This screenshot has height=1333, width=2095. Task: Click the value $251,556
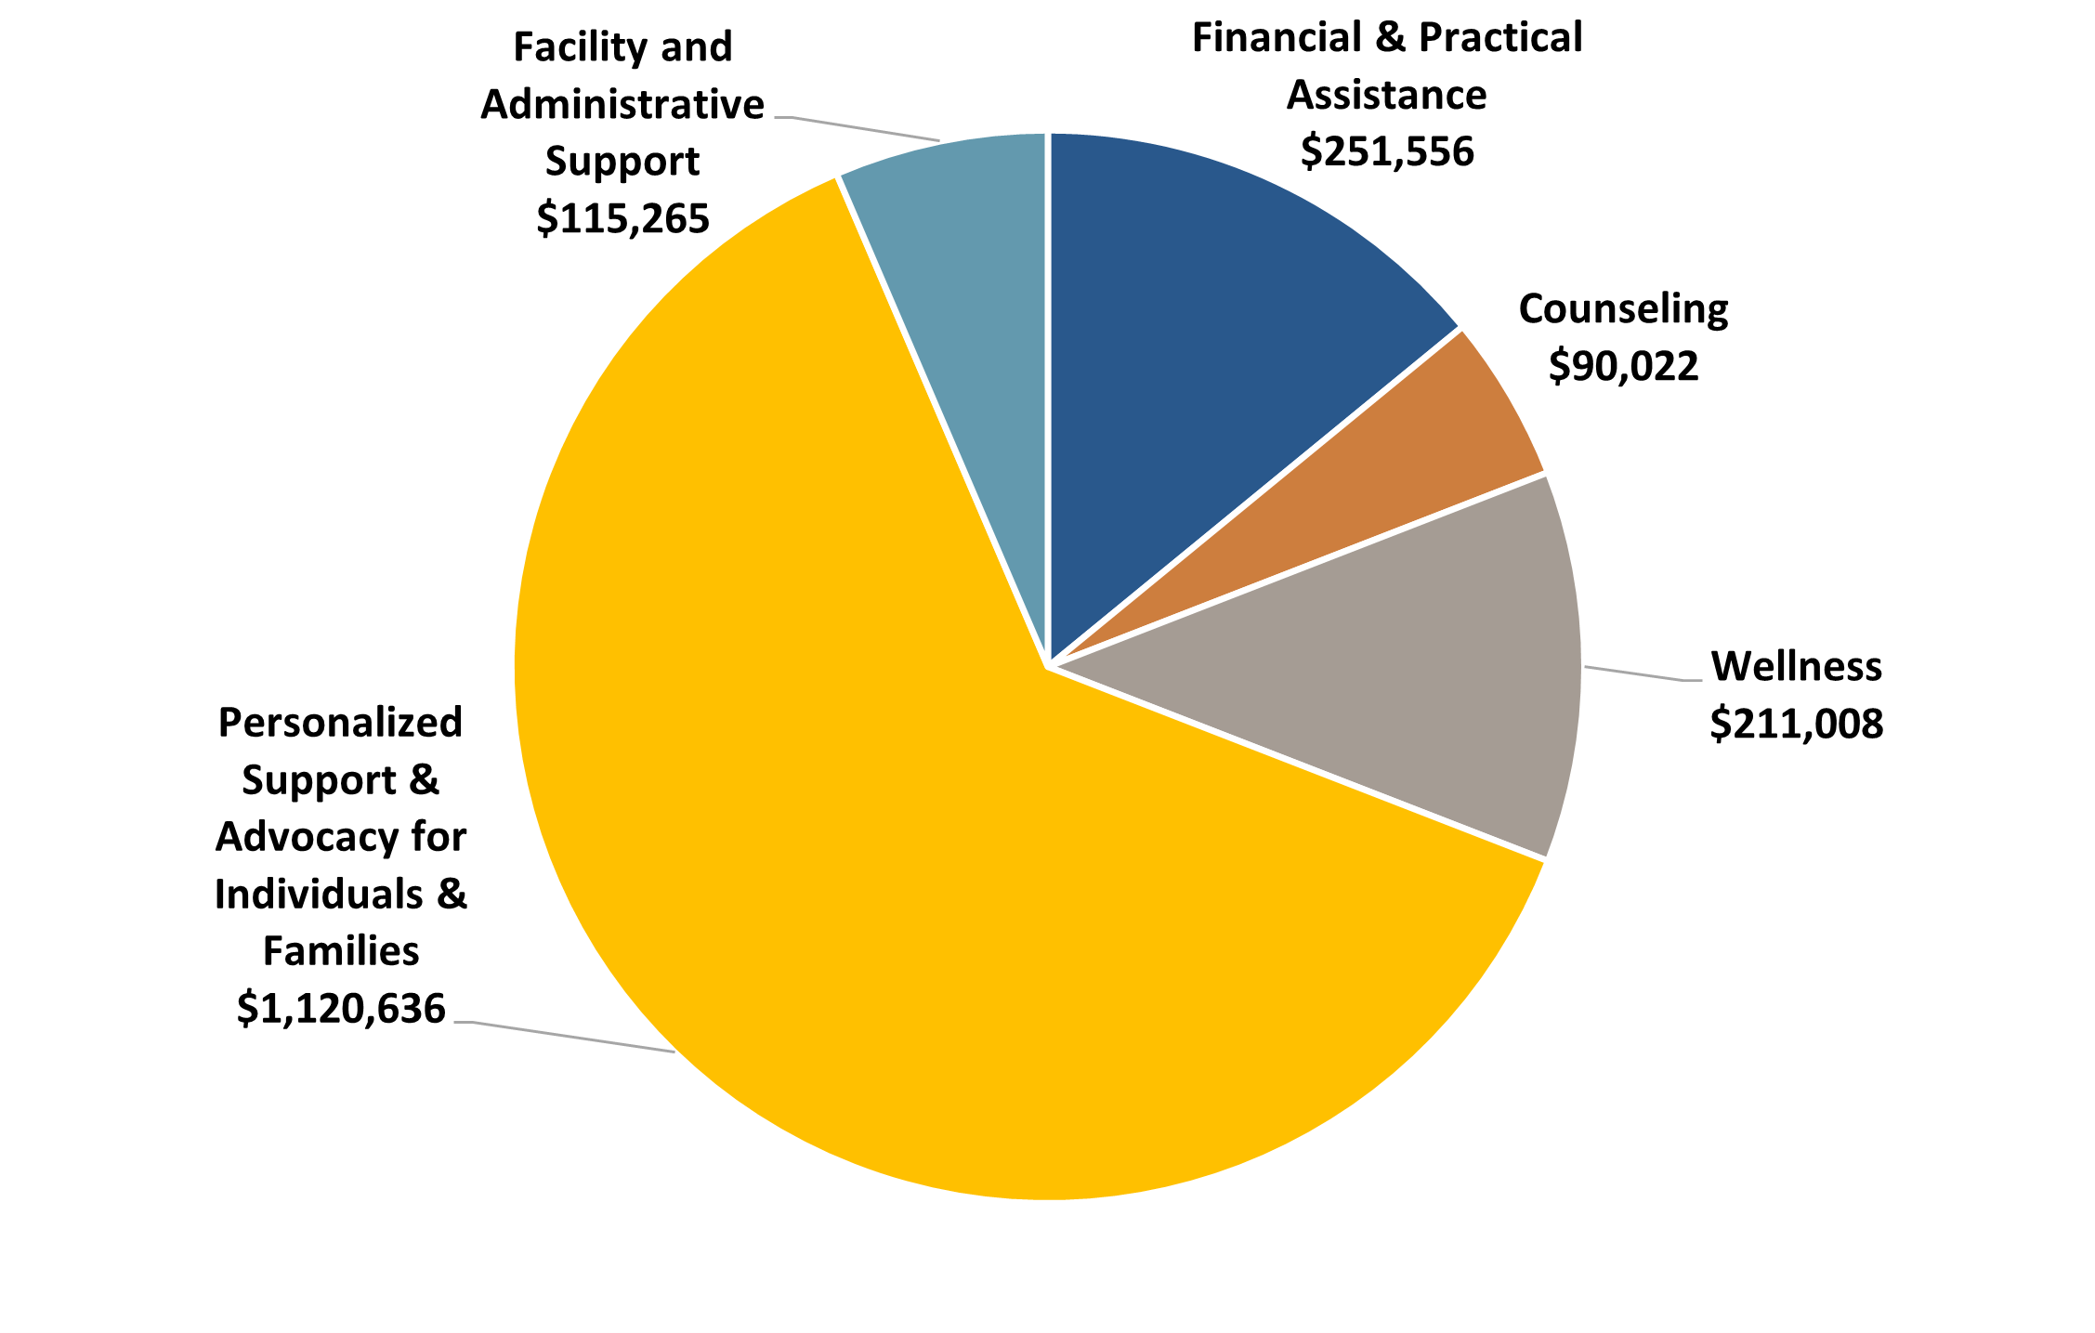(x=1386, y=151)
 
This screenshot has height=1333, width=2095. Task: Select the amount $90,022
(x=1622, y=366)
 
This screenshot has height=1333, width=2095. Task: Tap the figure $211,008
(x=1796, y=724)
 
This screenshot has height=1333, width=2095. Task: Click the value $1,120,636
(x=341, y=1008)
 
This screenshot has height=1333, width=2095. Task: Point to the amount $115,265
(x=622, y=218)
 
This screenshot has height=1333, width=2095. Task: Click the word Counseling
(x=1622, y=309)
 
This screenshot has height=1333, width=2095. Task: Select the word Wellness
(x=1796, y=666)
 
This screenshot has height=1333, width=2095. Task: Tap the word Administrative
(x=622, y=104)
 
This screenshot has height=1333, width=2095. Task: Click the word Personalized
(x=340, y=723)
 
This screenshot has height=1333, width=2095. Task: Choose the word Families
(x=341, y=951)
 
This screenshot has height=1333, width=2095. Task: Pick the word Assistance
(x=1386, y=95)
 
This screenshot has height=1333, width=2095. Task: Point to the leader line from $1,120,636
(x=567, y=1037)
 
